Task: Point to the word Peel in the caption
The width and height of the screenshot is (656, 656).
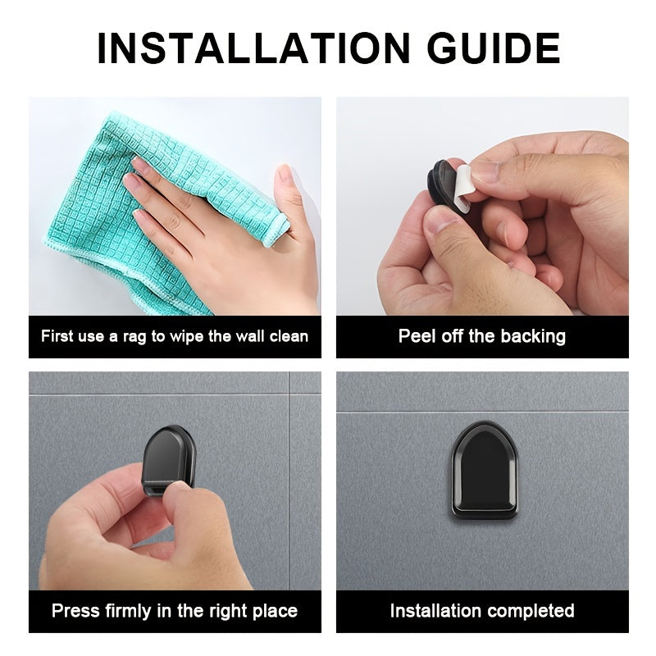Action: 417,336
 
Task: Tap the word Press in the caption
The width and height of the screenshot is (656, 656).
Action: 75,611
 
